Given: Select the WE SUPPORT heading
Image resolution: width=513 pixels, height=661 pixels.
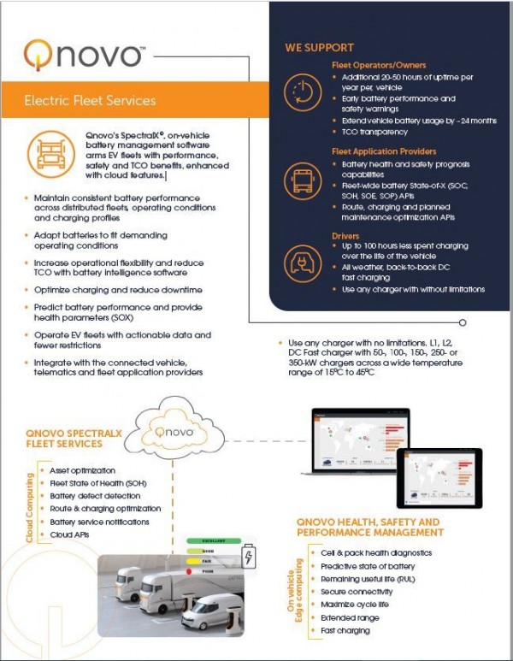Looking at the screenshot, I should (319, 48).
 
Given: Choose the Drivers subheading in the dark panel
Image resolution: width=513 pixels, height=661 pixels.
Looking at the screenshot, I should (346, 235).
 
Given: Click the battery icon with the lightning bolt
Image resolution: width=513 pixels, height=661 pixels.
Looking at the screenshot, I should (249, 558).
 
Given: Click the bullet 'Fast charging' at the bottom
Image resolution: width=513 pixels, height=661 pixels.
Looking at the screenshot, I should (345, 630).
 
